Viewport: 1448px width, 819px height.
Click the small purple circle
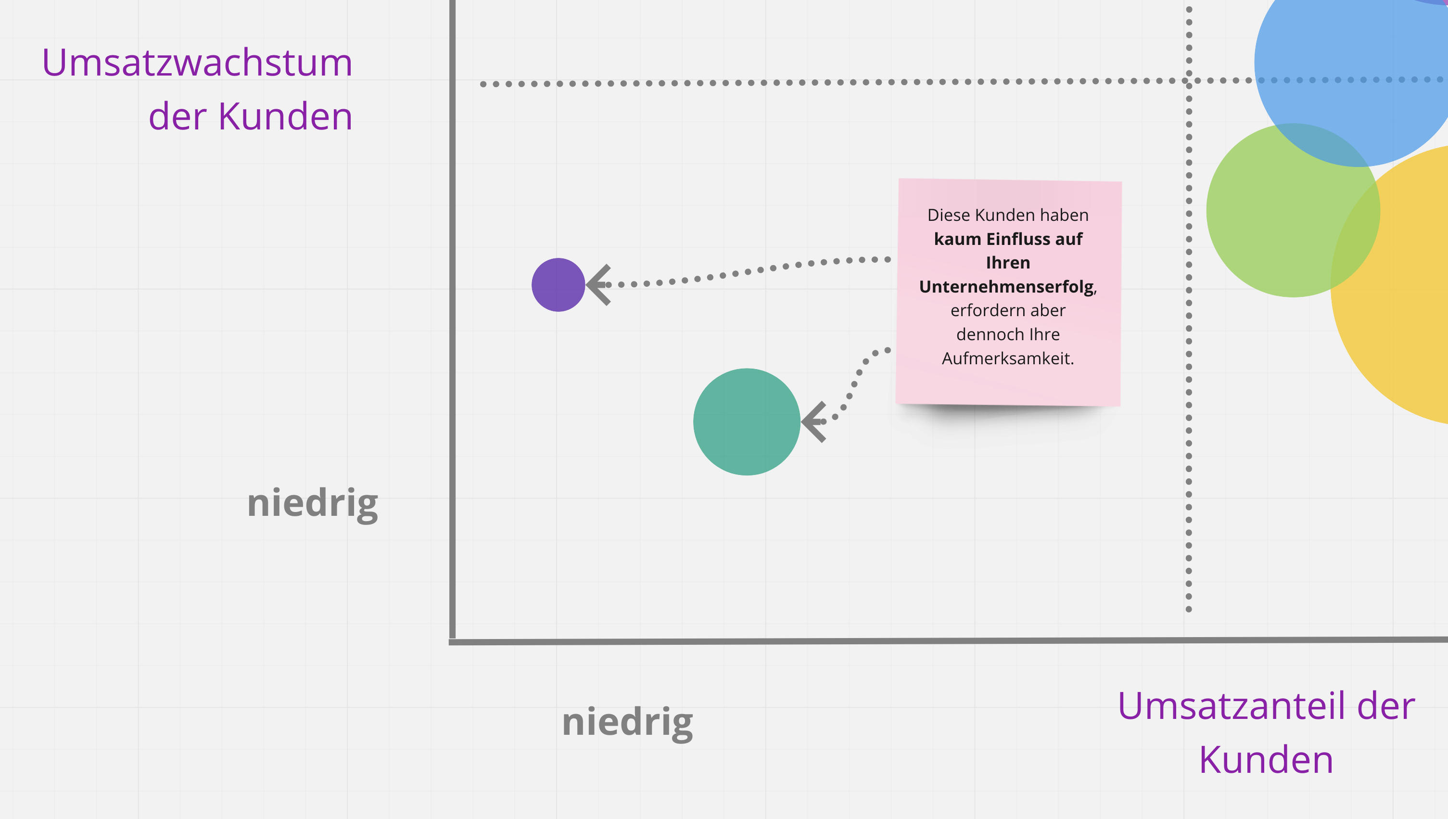point(558,284)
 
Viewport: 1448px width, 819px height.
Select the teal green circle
point(746,422)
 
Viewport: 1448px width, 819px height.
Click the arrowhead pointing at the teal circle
point(813,422)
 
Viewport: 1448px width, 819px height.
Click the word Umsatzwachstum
point(197,63)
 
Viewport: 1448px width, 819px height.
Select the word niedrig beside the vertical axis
point(312,503)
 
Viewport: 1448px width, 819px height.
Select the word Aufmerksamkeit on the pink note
point(1008,358)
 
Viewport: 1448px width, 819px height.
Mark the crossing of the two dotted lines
point(1188,81)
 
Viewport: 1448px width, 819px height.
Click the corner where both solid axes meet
point(453,641)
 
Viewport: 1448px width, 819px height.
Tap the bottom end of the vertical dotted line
point(1188,609)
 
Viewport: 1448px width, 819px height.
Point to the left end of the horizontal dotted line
point(483,84)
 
